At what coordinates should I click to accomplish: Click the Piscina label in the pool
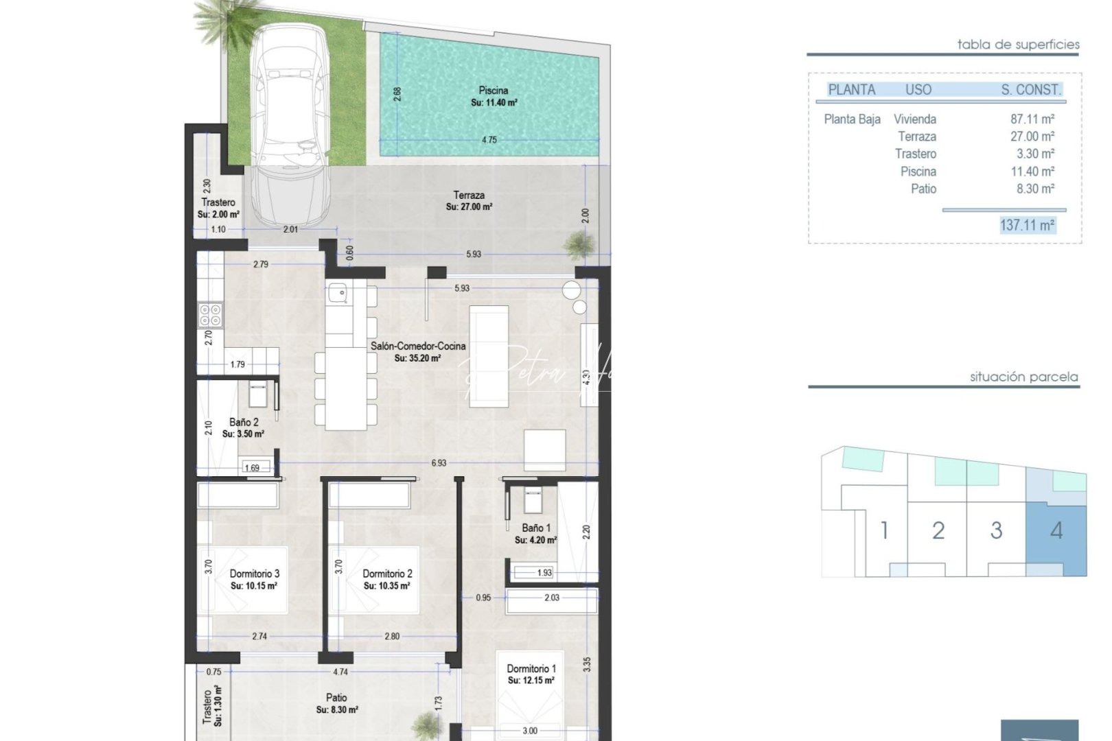click(x=494, y=91)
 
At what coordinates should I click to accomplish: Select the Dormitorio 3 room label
click(x=254, y=574)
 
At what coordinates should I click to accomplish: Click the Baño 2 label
click(x=244, y=423)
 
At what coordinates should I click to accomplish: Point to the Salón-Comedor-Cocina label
click(x=418, y=346)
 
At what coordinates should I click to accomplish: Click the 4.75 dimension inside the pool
click(x=489, y=140)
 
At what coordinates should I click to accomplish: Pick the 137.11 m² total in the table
click(x=1027, y=225)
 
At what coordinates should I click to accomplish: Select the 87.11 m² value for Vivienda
click(x=1032, y=119)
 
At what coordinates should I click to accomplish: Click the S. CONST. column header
click(x=1030, y=89)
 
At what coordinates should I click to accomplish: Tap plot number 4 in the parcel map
click(x=1056, y=530)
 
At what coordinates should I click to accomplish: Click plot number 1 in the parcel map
click(x=884, y=530)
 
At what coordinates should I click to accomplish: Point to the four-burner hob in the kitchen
click(x=211, y=316)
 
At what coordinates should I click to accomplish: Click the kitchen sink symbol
click(x=338, y=293)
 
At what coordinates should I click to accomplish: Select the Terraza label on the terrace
click(x=468, y=196)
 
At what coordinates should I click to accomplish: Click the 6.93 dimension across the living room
click(x=439, y=463)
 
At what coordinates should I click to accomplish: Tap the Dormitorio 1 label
click(x=531, y=668)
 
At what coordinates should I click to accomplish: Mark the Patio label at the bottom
click(x=336, y=698)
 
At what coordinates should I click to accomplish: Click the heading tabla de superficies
click(x=1018, y=45)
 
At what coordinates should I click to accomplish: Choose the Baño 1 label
click(x=535, y=528)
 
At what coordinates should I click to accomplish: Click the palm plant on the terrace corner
click(x=579, y=244)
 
